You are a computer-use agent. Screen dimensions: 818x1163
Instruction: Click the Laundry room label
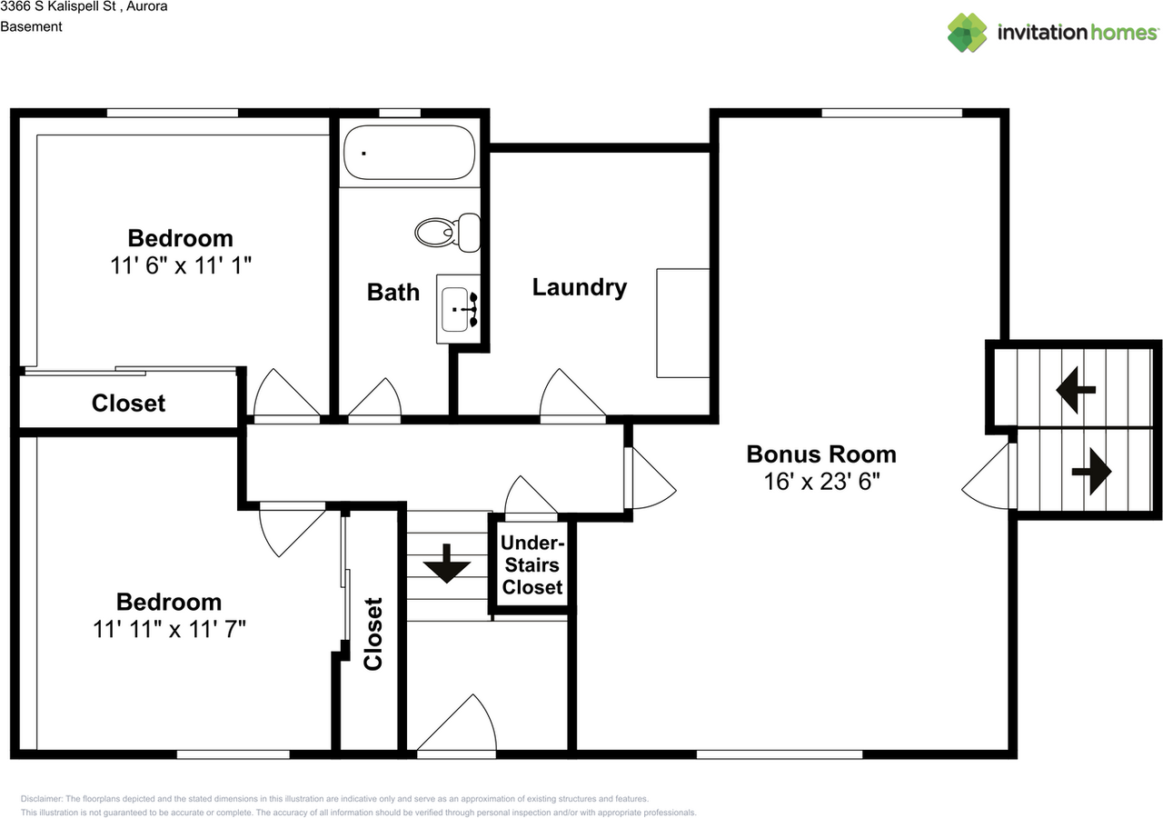tap(579, 287)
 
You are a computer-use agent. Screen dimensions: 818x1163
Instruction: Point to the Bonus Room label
tap(820, 454)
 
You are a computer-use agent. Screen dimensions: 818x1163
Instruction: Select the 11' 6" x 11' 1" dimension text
tap(180, 265)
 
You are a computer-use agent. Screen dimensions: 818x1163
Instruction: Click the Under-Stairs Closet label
tap(532, 565)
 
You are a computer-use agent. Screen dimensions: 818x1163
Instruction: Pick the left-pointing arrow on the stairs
tap(1075, 389)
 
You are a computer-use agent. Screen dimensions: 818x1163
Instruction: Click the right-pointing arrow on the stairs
tap(1091, 472)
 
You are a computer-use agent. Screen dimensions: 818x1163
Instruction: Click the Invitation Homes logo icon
tap(967, 33)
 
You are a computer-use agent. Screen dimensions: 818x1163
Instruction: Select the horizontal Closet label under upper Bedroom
tap(128, 403)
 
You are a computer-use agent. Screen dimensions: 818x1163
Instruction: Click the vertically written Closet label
tap(373, 633)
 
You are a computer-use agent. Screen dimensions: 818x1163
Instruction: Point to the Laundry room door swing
tap(569, 395)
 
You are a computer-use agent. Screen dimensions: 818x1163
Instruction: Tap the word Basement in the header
tap(31, 26)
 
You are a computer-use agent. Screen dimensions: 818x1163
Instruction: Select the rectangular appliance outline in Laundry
tap(682, 322)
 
